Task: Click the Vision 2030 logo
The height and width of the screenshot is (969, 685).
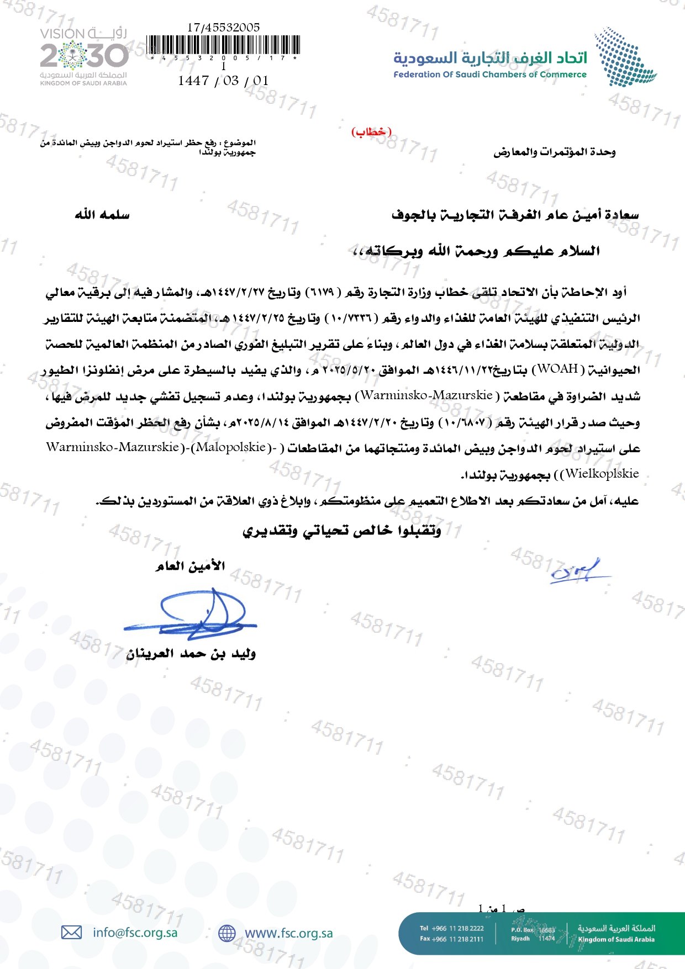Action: point(83,56)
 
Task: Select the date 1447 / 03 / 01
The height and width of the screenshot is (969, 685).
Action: point(223,81)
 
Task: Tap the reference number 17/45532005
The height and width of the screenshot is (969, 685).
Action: point(223,27)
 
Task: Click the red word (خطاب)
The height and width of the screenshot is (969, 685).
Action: point(371,132)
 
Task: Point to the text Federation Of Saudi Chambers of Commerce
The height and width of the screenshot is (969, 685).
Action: point(490,75)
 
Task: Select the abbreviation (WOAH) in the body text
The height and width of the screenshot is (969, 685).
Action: point(558,368)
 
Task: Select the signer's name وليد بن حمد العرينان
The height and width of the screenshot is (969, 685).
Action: point(191,654)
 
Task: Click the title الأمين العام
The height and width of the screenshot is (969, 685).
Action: point(190,566)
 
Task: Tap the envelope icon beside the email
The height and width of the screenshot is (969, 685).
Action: point(71,933)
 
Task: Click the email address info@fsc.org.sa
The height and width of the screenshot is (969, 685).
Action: point(135,933)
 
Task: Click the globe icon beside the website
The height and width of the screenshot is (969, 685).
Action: point(226,933)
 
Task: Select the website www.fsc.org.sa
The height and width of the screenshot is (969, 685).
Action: point(289,933)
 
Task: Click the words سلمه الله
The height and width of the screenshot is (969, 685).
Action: point(102,214)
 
